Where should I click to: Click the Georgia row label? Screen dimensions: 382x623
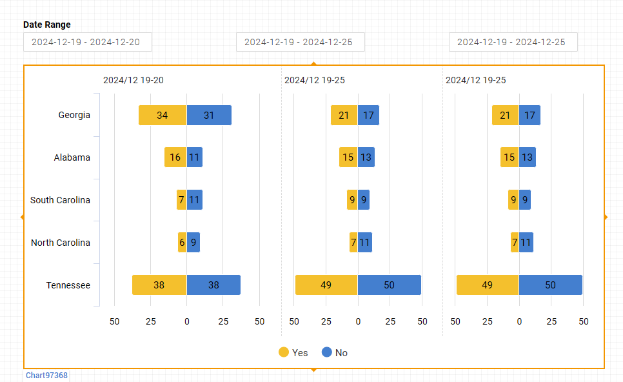(74, 116)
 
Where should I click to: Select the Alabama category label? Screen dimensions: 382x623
(72, 157)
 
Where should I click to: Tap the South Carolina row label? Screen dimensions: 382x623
(60, 200)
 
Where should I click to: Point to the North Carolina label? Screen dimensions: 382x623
(61, 243)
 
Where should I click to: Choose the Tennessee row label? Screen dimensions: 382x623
(68, 285)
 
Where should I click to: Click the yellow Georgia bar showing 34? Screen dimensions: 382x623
(163, 116)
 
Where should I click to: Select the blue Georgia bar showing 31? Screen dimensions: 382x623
(209, 116)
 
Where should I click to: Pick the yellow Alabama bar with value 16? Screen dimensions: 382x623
(175, 157)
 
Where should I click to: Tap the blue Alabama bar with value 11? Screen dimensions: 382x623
(195, 157)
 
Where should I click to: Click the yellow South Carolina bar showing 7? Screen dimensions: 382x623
(182, 200)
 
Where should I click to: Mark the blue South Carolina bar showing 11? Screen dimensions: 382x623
(195, 200)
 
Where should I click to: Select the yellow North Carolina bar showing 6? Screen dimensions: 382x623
(183, 243)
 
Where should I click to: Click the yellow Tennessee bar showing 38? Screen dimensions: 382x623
(159, 285)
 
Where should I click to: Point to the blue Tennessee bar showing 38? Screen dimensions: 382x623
(213, 285)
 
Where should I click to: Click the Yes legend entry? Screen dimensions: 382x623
(293, 352)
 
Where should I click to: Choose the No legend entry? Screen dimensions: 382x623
(335, 352)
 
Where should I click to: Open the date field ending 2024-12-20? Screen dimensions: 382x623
(88, 42)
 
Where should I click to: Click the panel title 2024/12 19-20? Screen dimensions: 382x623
(133, 80)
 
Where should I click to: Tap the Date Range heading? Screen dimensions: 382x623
(47, 25)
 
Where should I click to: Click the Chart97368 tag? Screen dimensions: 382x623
(46, 375)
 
